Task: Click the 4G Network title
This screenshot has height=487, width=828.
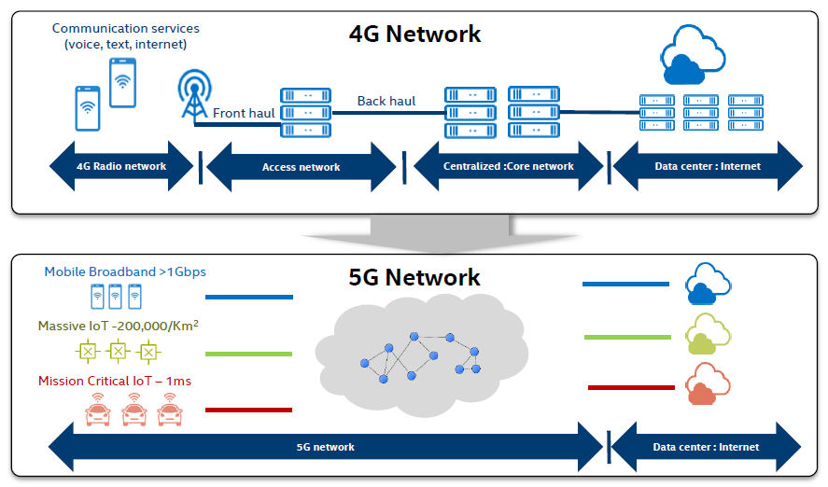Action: [x=414, y=35]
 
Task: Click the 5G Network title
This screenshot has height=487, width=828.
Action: [x=414, y=277]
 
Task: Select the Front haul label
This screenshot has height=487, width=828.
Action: [x=244, y=113]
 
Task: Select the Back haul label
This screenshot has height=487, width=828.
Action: [x=386, y=101]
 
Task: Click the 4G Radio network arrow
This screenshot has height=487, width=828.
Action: [x=121, y=167]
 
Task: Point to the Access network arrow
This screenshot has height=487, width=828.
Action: [x=301, y=167]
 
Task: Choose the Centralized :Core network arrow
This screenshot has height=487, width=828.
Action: [x=508, y=167]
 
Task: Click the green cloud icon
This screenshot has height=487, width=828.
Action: [x=707, y=336]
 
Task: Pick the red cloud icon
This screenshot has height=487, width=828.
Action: [x=707, y=385]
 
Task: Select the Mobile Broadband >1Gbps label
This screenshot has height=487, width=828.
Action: [x=125, y=272]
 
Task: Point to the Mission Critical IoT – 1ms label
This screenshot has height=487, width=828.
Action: [x=115, y=381]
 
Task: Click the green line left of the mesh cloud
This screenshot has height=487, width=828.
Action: [x=248, y=354]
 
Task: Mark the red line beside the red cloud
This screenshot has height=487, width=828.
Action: [x=630, y=387]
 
